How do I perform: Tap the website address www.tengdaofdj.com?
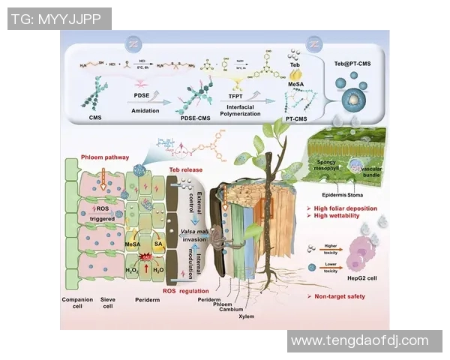[x=359, y=340]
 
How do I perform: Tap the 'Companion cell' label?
[x=77, y=301]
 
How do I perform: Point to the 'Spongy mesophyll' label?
[x=323, y=164]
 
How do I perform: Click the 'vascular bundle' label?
[x=369, y=172]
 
